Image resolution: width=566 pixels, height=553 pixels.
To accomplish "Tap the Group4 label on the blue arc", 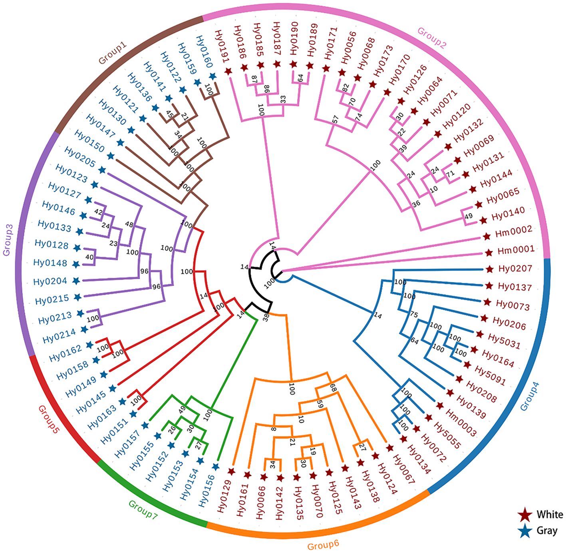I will (x=530, y=396).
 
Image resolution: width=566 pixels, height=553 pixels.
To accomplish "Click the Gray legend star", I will (x=524, y=531).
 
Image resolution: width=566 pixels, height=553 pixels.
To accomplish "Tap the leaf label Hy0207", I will (x=515, y=269).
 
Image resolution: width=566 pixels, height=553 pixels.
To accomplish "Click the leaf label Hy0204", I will (x=50, y=281).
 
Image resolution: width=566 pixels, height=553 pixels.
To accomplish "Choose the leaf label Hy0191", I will (x=221, y=46).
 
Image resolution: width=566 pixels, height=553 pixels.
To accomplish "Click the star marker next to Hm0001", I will (x=489, y=253).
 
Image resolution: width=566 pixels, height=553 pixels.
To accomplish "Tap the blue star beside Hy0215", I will (x=78, y=297).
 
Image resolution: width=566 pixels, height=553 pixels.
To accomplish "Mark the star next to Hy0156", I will (x=216, y=466).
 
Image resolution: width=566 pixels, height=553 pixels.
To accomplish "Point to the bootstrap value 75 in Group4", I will (x=414, y=315).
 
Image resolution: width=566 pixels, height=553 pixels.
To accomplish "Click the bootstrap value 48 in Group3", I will (x=129, y=225).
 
